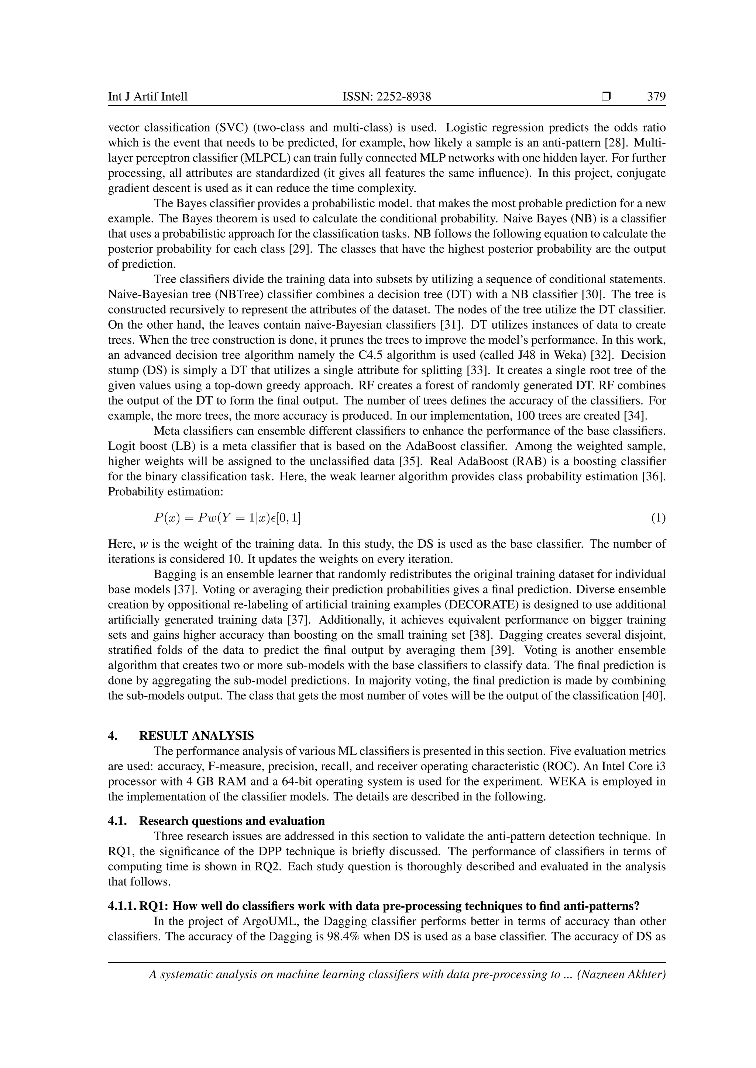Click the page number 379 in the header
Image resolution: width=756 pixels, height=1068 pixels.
656,97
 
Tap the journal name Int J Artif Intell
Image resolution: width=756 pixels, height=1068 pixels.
148,97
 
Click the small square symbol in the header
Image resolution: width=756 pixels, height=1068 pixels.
606,97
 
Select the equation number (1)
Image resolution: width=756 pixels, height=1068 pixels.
658,518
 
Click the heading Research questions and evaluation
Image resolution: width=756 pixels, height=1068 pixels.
232,821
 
